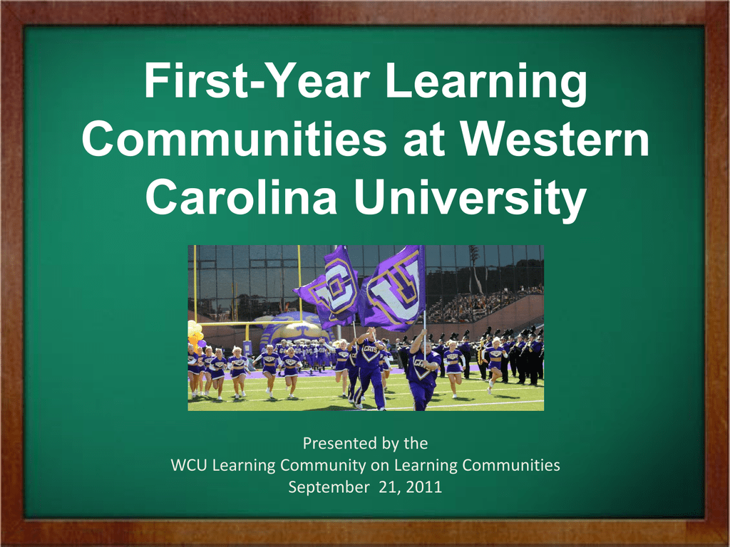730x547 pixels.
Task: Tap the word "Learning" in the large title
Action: point(486,84)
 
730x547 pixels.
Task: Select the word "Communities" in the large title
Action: point(234,139)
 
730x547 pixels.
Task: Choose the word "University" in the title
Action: point(469,199)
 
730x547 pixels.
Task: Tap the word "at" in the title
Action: point(423,141)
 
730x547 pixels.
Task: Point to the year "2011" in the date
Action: point(424,486)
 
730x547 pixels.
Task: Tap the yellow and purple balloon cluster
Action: point(195,333)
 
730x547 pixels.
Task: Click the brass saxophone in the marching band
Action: point(481,353)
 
